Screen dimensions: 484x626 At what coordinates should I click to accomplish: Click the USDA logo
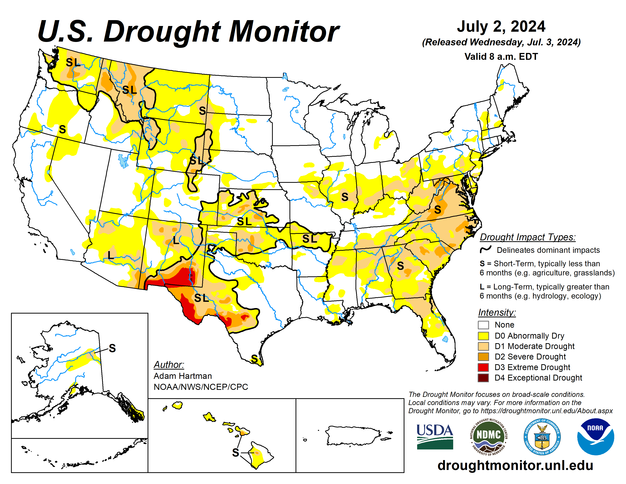435,436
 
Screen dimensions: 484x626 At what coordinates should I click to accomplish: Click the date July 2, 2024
501,26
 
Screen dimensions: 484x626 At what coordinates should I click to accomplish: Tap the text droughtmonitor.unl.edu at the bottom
515,465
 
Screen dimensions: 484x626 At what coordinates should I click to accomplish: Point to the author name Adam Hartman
182,376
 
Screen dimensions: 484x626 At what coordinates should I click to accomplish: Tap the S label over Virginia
437,210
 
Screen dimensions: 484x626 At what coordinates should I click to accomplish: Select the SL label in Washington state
73,62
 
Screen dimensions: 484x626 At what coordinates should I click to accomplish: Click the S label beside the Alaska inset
112,348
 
